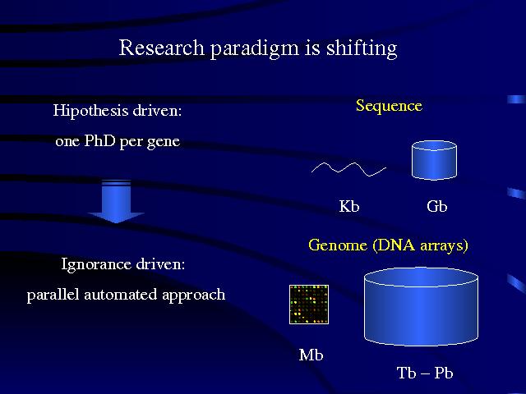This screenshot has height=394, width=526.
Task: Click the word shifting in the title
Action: coord(361,48)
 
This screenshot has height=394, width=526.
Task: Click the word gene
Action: coord(163,142)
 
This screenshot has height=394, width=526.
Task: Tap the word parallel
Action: coord(53,295)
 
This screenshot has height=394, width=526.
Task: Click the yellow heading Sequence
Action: coord(389,106)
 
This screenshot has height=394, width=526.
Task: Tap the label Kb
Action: coord(349,207)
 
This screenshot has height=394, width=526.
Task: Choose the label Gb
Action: coord(437,207)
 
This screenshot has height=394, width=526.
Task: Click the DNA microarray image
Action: coord(309,305)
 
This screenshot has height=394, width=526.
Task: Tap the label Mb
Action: coord(311,355)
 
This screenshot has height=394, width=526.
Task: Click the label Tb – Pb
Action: coord(425,373)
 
